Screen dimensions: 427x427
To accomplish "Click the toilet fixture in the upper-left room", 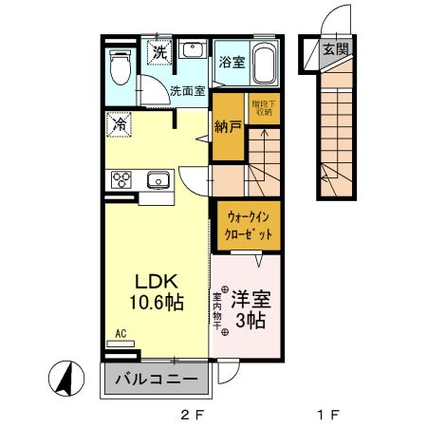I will coord(121,67).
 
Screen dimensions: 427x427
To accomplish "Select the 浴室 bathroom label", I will coord(232,65).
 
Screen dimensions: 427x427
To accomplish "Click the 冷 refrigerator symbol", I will coord(120,124).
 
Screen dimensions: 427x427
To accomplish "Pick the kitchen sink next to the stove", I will coord(157,179).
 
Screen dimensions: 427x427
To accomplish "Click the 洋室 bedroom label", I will coord(251,300).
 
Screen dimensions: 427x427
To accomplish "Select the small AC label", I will coord(121,333).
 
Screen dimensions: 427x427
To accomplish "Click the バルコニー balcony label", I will coord(157,381).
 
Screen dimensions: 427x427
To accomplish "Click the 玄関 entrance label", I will coord(333,50).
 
